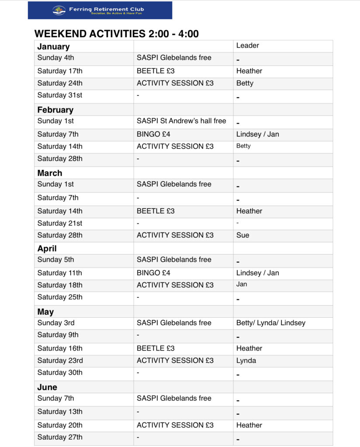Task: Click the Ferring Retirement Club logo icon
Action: pyautogui.click(x=59, y=10)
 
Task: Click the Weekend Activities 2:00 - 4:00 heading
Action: pyautogui.click(x=117, y=34)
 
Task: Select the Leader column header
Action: pyautogui.click(x=248, y=45)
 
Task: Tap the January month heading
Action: pyautogui.click(x=53, y=47)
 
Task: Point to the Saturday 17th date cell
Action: pyautogui.click(x=60, y=71)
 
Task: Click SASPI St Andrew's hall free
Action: pyautogui.click(x=181, y=121)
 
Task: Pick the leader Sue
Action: pyautogui.click(x=242, y=235)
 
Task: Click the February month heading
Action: pyautogui.click(x=55, y=110)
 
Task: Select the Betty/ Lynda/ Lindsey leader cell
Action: pyautogui.click(x=271, y=323)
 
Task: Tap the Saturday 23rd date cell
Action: pyautogui.click(x=60, y=360)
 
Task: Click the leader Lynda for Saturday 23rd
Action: pyautogui.click(x=246, y=360)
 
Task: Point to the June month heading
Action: pyautogui.click(x=47, y=387)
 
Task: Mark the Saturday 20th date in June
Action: pyautogui.click(x=60, y=425)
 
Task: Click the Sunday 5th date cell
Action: pyautogui.click(x=55, y=259)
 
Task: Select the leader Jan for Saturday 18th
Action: pyautogui.click(x=242, y=284)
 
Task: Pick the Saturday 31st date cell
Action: pyautogui.click(x=60, y=95)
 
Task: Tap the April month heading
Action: pyautogui.click(x=47, y=248)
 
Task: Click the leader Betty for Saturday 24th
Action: pyautogui.click(x=245, y=83)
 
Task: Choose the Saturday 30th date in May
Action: pyautogui.click(x=60, y=372)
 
